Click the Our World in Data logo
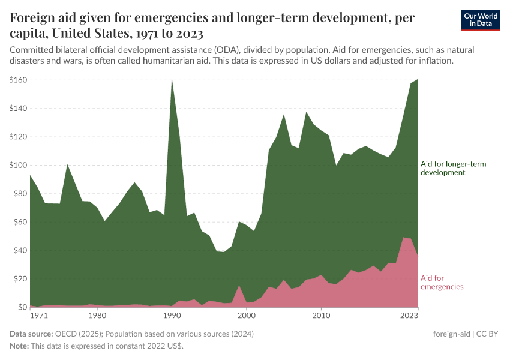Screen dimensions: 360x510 pos(480,20)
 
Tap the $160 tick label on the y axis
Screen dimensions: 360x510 pos(18,80)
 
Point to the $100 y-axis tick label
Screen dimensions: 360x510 pos(18,165)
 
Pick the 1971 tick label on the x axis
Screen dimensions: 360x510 pos(38,315)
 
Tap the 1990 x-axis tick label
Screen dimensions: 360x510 pos(172,315)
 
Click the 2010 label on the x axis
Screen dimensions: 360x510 pos(322,315)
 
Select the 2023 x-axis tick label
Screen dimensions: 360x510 pos(409,315)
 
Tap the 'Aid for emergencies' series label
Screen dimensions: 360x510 pos(442,282)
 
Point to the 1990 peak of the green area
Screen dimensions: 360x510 pos(172,79)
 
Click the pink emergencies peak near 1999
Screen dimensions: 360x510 pos(239,286)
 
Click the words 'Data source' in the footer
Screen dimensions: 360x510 pos(30,334)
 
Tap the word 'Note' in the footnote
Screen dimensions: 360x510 pos(19,346)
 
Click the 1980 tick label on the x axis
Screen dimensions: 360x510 pos(97,315)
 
